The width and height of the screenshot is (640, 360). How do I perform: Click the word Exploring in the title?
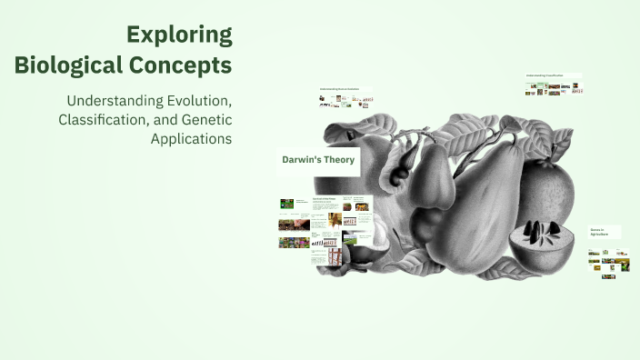(x=179, y=35)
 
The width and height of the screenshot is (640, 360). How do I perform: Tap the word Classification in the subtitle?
(x=101, y=119)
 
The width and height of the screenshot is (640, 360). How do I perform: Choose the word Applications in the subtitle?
(x=191, y=139)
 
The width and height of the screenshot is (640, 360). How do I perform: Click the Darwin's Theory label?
(x=317, y=161)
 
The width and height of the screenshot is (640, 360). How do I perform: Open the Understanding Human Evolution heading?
(x=345, y=89)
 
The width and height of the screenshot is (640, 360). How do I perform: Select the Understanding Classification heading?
(x=553, y=75)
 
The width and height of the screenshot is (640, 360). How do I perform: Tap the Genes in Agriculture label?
(x=603, y=232)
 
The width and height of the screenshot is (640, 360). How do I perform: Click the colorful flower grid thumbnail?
(x=360, y=220)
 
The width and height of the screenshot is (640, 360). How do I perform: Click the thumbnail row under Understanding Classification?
(x=553, y=89)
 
